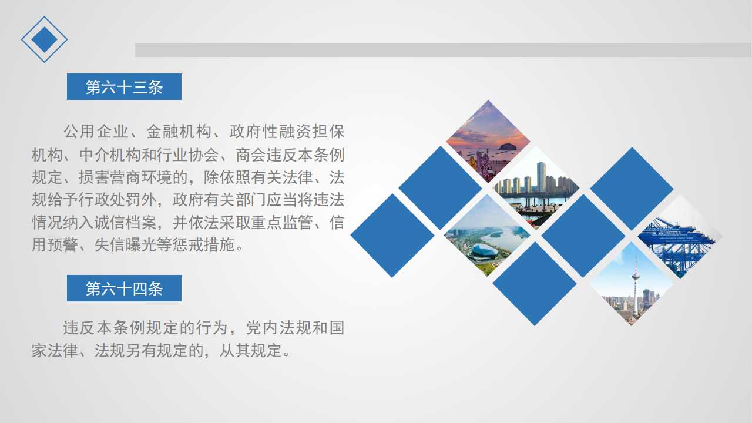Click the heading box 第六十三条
pos(124,86)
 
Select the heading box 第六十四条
pos(124,288)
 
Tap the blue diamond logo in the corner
pos(44,39)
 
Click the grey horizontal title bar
pos(443,50)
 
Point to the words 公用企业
pos(96,131)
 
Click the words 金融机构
pos(179,131)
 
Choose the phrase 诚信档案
pos(126,222)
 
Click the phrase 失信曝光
pos(126,245)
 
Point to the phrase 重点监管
pos(281,222)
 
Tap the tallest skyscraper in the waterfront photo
pos(541,177)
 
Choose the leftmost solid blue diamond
pos(392,236)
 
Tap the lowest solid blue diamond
pos(535,284)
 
